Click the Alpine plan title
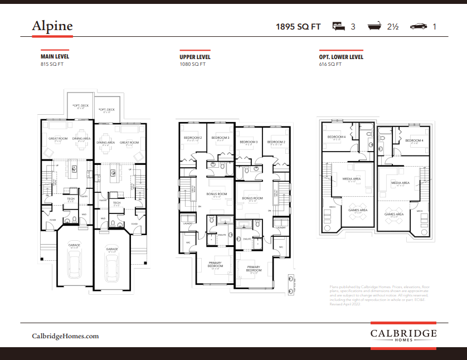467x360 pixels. tap(52, 26)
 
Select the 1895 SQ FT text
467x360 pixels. tap(299, 26)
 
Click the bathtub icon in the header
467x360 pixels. tap(374, 26)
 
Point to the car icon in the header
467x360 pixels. tap(418, 26)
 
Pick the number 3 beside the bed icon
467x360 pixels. tap(353, 26)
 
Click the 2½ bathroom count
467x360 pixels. tap(393, 26)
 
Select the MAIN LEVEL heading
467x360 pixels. tap(55, 57)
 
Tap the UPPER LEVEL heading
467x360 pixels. tap(195, 57)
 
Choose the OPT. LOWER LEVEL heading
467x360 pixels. tap(341, 57)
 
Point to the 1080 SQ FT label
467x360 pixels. tap(193, 64)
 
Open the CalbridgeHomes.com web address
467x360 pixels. tap(65, 336)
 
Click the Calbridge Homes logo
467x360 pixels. tap(403, 335)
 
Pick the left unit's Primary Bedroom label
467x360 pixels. tap(215, 265)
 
